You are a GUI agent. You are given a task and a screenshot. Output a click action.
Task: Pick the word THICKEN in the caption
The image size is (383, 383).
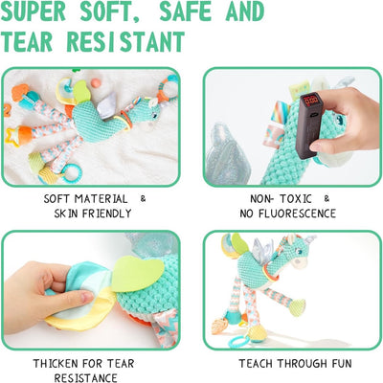[x=56, y=364]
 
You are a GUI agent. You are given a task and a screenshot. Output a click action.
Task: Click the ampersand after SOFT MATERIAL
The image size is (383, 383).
[x=143, y=198]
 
